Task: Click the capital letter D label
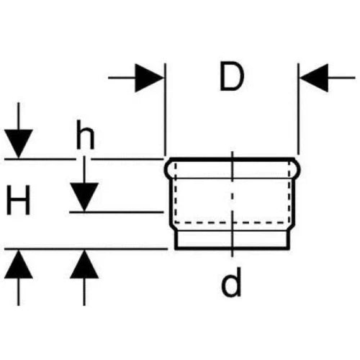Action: [232, 77]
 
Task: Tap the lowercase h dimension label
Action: [85, 135]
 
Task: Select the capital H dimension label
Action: [19, 200]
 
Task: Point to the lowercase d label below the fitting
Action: [231, 282]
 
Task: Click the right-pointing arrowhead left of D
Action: [150, 78]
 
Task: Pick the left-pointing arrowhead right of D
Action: [314, 78]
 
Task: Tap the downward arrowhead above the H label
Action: [19, 143]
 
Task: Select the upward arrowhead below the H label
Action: [19, 264]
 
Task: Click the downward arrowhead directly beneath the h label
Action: [84, 197]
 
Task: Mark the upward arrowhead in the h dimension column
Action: [84, 264]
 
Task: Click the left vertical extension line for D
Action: [165, 109]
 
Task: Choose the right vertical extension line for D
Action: [298, 109]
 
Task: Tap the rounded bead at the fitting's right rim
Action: [297, 169]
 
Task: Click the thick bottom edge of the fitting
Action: [232, 248]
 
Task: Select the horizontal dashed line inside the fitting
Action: [232, 222]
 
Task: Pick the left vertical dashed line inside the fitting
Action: [176, 193]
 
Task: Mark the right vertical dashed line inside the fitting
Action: [289, 193]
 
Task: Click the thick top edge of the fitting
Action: [232, 160]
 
